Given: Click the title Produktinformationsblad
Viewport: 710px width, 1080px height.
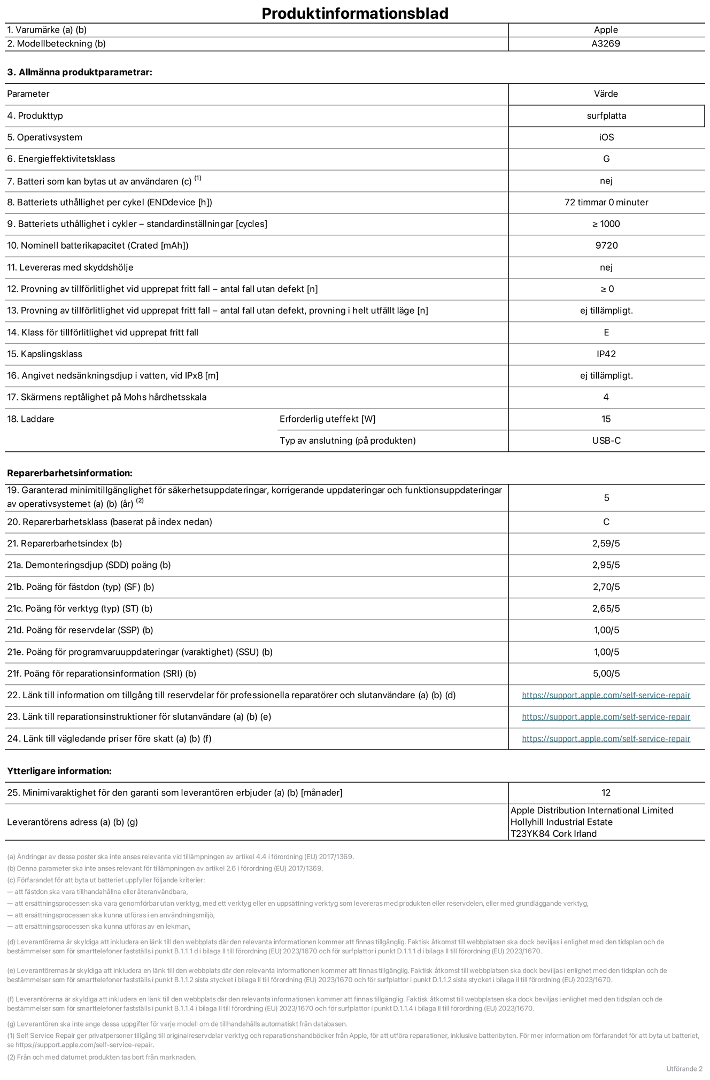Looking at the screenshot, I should (x=354, y=13).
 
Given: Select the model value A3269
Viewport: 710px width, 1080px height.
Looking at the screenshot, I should (x=606, y=44).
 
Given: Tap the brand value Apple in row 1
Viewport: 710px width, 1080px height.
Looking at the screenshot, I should (x=606, y=30).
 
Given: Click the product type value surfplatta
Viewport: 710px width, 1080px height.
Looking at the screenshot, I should (x=606, y=115).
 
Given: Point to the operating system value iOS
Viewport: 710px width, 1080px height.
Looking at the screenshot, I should (x=606, y=137).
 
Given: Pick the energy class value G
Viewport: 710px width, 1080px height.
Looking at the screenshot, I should (x=606, y=159).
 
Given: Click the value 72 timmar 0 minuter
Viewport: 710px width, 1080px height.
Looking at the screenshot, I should (x=606, y=202).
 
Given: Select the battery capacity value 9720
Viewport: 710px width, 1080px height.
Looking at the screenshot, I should (x=606, y=245).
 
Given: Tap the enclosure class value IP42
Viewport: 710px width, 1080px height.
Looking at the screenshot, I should (x=606, y=354).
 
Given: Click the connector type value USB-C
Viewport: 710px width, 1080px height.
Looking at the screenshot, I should (x=606, y=441).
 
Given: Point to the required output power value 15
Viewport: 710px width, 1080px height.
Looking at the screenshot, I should (x=606, y=419).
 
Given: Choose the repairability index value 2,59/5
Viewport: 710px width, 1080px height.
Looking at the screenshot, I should (x=606, y=544).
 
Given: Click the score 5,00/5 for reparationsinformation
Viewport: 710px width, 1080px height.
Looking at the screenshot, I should (x=606, y=674).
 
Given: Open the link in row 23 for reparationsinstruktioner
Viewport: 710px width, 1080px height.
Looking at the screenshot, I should (x=606, y=717).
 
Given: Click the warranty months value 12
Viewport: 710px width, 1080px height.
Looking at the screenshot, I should (x=606, y=793).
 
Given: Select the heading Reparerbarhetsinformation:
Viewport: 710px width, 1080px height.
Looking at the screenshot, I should (x=70, y=473).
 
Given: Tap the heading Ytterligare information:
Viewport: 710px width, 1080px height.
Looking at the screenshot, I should (x=59, y=771).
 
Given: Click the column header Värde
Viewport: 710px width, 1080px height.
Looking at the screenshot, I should (x=606, y=94).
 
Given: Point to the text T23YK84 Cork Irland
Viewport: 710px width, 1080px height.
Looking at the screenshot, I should (x=553, y=834).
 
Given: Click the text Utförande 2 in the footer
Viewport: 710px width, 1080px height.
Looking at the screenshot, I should (x=684, y=1069).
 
